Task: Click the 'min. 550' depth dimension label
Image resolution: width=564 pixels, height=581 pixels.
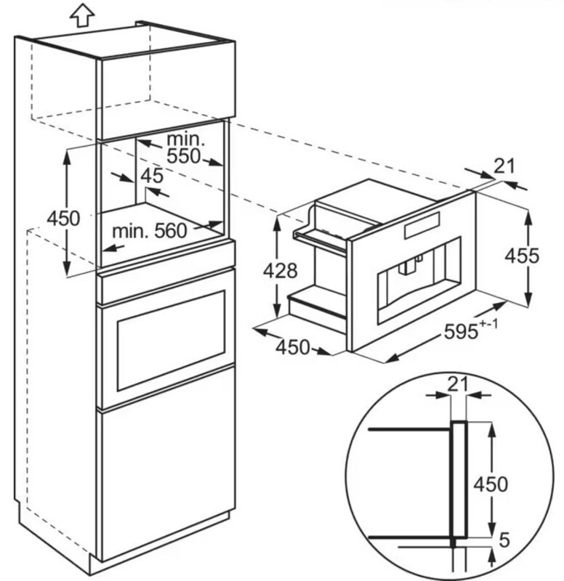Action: point(185,147)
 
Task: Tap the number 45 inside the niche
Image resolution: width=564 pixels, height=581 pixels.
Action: point(152,176)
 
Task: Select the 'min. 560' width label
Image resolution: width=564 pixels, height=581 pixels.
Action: point(150,231)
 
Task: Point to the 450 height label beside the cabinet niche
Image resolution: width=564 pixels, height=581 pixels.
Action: point(63,218)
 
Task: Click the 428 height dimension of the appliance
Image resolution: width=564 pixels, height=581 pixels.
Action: point(281,270)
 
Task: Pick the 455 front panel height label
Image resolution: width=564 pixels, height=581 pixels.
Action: point(522,256)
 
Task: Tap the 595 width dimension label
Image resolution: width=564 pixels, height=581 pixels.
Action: point(461,331)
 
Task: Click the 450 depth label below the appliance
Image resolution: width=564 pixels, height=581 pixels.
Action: point(293,347)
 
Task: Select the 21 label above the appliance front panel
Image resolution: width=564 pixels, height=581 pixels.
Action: point(504,166)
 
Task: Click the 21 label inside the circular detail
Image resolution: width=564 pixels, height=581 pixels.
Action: point(458,385)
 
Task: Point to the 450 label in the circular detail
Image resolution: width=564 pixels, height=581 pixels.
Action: point(490,484)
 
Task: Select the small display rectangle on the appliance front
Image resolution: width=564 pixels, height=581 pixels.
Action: point(422,225)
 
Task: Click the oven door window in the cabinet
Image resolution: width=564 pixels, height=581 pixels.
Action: point(171,341)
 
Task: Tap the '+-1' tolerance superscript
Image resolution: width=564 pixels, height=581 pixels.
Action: point(488,323)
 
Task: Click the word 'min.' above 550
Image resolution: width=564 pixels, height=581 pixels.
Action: point(186,139)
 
